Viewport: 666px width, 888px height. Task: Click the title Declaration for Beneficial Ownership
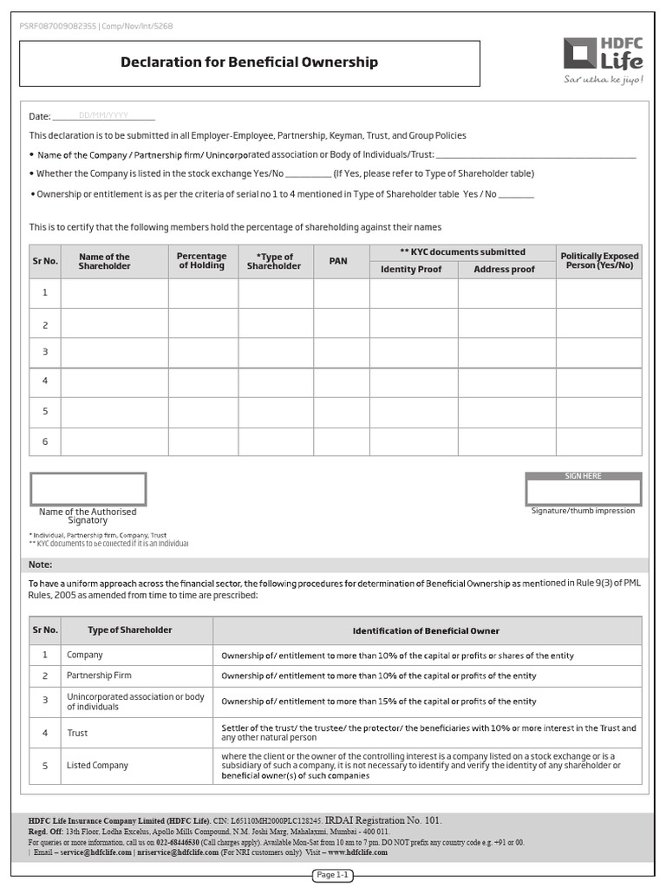249,62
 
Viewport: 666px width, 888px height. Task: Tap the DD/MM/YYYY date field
103,115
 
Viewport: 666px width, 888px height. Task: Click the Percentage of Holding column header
202,261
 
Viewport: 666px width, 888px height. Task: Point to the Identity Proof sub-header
411,270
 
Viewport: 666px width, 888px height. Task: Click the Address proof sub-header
505,270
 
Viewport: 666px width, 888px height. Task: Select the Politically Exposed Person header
599,261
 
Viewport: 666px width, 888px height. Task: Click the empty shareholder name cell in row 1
114,293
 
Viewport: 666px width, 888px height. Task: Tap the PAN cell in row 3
341,352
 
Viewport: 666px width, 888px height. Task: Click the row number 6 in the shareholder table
45,441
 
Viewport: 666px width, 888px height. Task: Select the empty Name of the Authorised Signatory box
88,489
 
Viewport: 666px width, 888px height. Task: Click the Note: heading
41,565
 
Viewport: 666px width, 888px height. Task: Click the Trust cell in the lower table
77,733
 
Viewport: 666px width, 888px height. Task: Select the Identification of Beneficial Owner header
426,630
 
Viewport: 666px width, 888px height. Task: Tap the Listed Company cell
97,766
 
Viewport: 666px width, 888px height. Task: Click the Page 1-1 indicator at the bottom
332,875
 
